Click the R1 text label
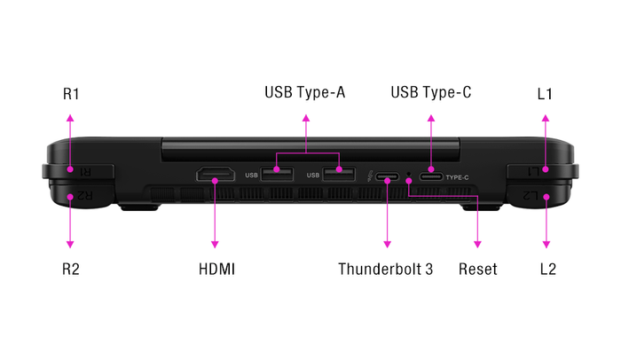point(71,93)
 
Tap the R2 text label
point(71,269)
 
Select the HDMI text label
point(216,269)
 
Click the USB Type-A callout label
point(305,92)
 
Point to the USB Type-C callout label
point(431,92)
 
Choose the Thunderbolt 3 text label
point(386,269)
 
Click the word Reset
point(478,269)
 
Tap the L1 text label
point(546,93)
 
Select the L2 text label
point(546,269)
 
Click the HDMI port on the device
point(215,175)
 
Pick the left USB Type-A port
point(277,174)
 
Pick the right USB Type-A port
point(338,174)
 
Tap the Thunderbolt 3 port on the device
point(388,177)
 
